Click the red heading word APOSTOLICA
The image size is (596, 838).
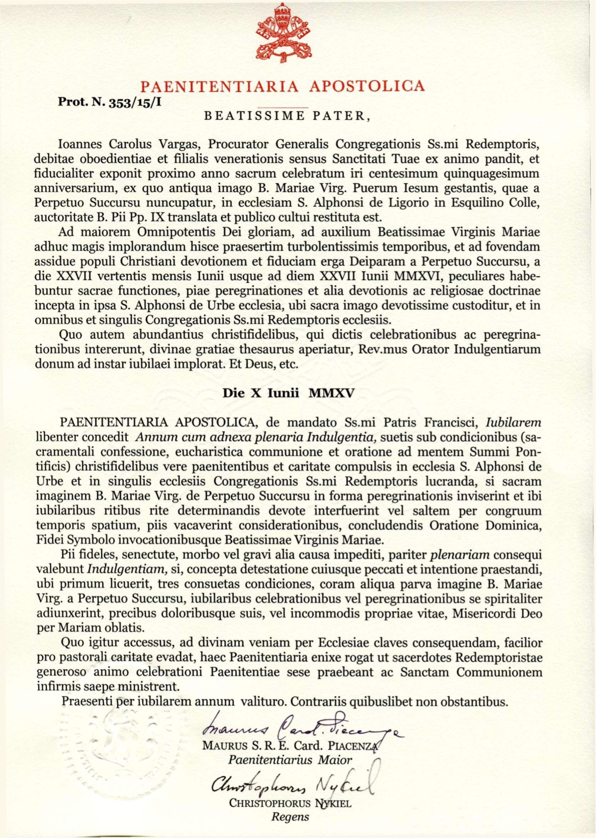pos(366,86)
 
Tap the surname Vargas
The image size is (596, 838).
pos(180,144)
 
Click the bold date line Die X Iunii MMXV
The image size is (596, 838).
pos(289,393)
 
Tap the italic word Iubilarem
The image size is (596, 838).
pos(513,422)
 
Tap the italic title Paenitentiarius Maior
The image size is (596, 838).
pos(290,760)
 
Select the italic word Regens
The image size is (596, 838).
pos(290,817)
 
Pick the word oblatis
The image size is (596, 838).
pos(125,628)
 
